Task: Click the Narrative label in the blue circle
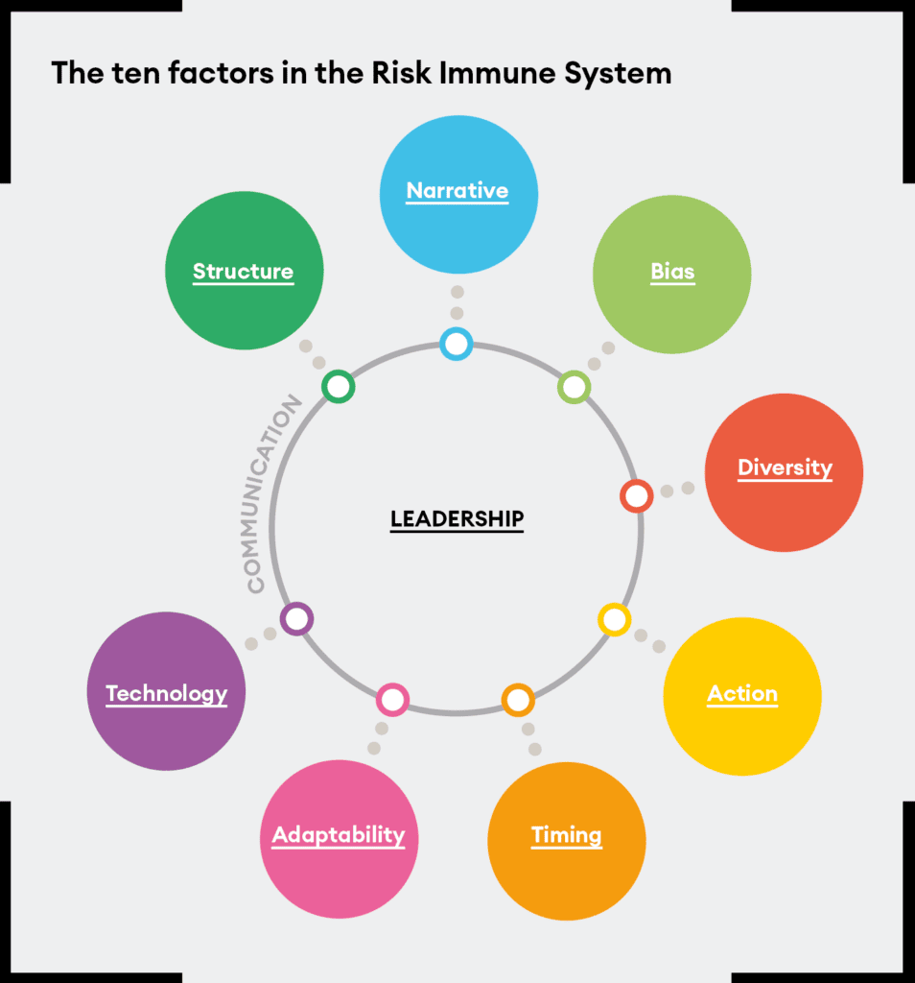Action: (x=457, y=191)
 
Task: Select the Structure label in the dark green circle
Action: (x=243, y=272)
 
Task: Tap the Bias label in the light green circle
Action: (x=672, y=272)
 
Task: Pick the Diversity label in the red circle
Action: (x=785, y=468)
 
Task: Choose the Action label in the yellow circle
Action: (x=742, y=694)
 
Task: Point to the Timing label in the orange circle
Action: (x=567, y=836)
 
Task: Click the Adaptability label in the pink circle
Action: (x=339, y=835)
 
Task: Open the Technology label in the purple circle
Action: (x=167, y=694)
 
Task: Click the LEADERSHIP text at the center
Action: (x=457, y=519)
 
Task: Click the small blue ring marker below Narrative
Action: (x=457, y=345)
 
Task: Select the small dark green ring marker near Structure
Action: (x=339, y=386)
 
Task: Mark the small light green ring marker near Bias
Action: (x=575, y=388)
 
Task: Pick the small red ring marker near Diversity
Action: (x=637, y=496)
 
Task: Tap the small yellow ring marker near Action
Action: (x=615, y=619)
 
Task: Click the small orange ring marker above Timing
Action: (x=518, y=700)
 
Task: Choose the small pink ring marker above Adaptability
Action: (x=392, y=700)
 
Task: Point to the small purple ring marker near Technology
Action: (x=297, y=619)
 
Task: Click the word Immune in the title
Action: (x=498, y=73)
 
